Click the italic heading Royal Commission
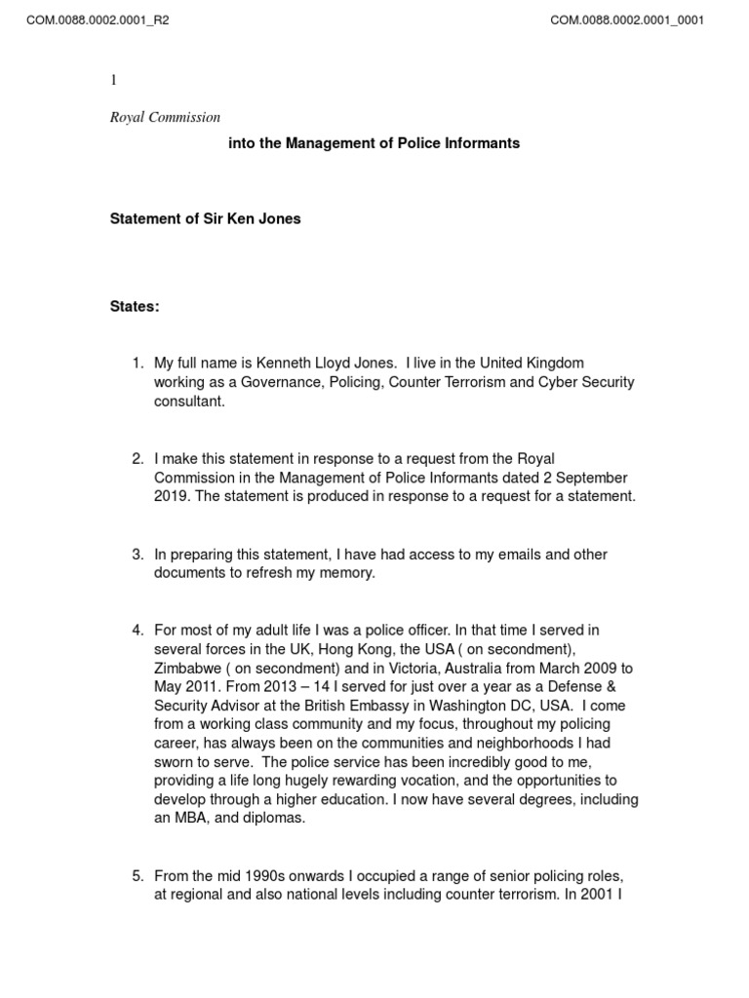pyautogui.click(x=165, y=118)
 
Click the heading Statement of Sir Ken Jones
pyautogui.click(x=205, y=219)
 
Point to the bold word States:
pyautogui.click(x=135, y=307)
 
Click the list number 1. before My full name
pyautogui.click(x=138, y=364)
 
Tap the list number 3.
pyautogui.click(x=138, y=555)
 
